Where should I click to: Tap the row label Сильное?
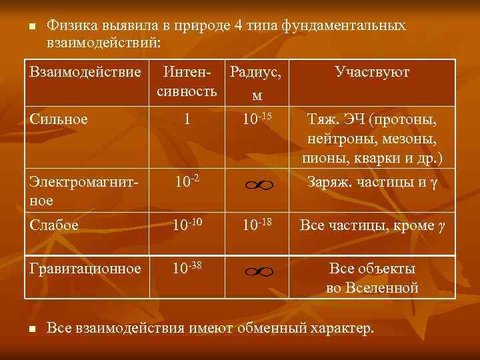(59, 119)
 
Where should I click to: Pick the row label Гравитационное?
(85, 269)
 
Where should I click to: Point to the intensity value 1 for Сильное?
(187, 119)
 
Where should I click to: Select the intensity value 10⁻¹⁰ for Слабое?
(188, 225)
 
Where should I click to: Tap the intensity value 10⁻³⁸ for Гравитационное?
(188, 269)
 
